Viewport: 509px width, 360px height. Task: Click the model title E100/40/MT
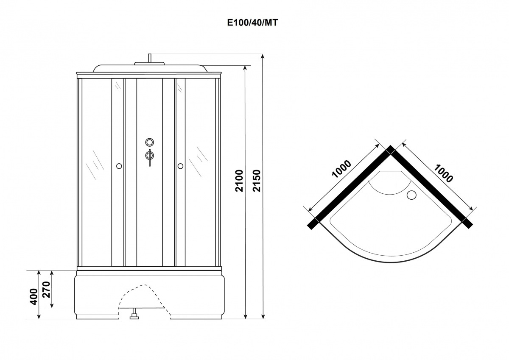(252, 23)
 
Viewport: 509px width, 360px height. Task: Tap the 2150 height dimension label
(257, 181)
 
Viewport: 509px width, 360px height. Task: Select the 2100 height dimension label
(239, 181)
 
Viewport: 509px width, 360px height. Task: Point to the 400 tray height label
(34, 297)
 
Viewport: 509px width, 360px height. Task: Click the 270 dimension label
(47, 289)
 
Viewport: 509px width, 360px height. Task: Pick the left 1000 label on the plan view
(341, 169)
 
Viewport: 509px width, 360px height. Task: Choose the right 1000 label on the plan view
(443, 173)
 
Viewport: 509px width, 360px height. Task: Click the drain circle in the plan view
(411, 195)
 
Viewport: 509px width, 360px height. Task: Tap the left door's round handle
(119, 166)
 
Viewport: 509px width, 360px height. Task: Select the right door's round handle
(180, 166)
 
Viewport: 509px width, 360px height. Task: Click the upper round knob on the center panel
(149, 142)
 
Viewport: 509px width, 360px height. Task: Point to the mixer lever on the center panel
(150, 158)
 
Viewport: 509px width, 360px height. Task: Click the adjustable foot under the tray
(134, 314)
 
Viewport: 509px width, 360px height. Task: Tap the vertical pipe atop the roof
(150, 58)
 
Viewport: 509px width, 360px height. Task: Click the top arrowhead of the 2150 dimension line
(263, 56)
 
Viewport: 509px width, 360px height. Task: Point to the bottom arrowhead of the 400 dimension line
(39, 317)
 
